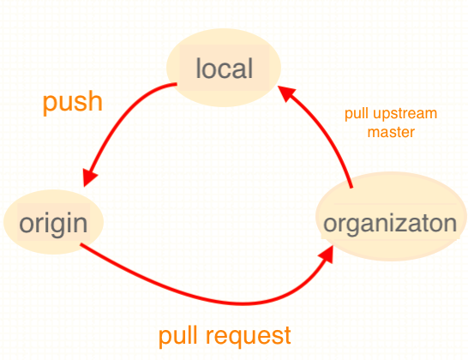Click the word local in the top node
pyautogui.click(x=225, y=69)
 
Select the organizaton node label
pyautogui.click(x=390, y=225)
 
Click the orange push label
pyautogui.click(x=73, y=103)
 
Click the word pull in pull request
pyautogui.click(x=179, y=336)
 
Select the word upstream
pyautogui.click(x=405, y=114)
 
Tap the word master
pyautogui.click(x=391, y=132)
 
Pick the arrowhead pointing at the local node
pyautogui.click(x=286, y=93)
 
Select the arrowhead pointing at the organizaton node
pyautogui.click(x=327, y=255)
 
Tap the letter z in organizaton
pyautogui.click(x=405, y=225)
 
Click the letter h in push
pyautogui.click(x=94, y=100)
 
